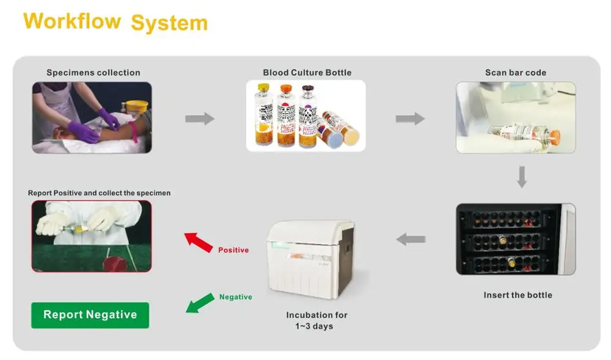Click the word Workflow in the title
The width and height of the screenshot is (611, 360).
[x=72, y=21]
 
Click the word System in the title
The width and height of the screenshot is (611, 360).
[x=169, y=23]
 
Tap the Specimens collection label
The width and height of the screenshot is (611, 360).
[x=93, y=73]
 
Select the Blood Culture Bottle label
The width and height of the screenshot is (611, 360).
[x=307, y=73]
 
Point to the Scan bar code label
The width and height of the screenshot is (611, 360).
[x=516, y=73]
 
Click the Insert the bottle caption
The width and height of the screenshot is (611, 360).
[x=518, y=295]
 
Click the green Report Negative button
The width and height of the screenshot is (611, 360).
[x=90, y=315]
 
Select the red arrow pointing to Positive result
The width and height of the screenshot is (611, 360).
[x=199, y=242]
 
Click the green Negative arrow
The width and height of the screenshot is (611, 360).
[x=200, y=303]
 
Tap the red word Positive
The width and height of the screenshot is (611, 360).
[x=233, y=250]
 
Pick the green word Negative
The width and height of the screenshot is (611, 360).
[x=236, y=297]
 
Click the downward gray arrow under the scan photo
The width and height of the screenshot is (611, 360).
[x=522, y=177]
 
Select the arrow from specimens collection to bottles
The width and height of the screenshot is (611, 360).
[x=200, y=119]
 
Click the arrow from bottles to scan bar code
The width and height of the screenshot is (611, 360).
[x=411, y=119]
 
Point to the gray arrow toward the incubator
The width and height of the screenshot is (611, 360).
[x=411, y=239]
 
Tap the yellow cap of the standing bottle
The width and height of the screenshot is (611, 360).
[x=264, y=87]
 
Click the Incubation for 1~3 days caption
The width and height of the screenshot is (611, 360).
[x=316, y=320]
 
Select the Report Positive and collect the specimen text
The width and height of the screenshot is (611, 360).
[x=99, y=193]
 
